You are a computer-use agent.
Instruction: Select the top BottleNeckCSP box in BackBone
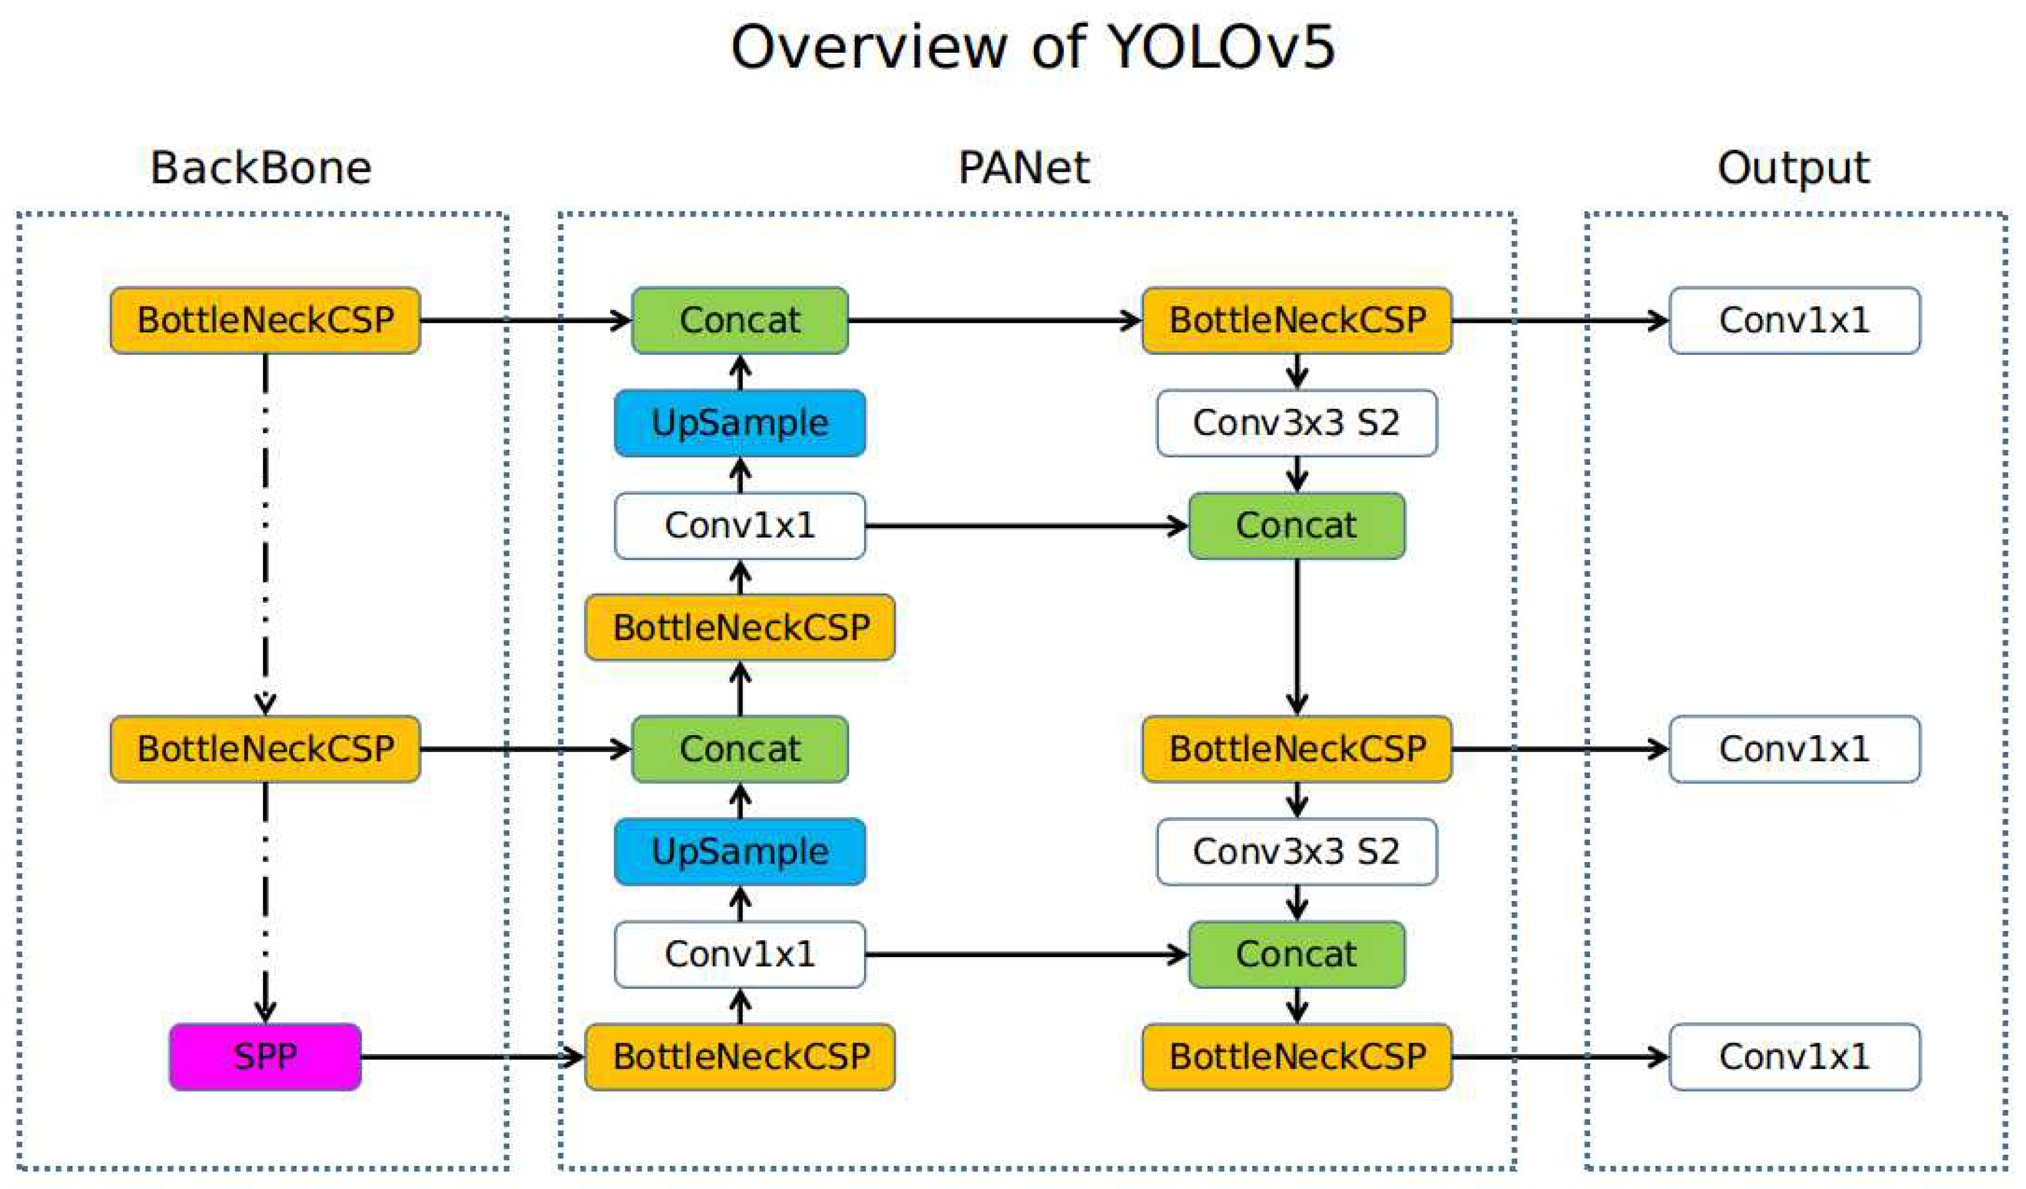coord(266,320)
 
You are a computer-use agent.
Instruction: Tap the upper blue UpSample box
coord(740,423)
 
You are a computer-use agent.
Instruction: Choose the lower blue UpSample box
coord(740,852)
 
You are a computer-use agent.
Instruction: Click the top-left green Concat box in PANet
coord(740,320)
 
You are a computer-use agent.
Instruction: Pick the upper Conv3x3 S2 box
coord(1296,423)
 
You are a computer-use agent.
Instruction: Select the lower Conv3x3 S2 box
coord(1296,852)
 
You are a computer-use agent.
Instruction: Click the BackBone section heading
coord(261,168)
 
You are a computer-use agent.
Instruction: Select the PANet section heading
coord(1024,168)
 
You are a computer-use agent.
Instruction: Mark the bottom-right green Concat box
coord(1296,954)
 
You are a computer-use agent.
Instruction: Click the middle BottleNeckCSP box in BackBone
coord(266,748)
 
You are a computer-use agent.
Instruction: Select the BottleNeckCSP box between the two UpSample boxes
coord(740,627)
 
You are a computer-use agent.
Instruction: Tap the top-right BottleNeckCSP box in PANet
coord(1296,320)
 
